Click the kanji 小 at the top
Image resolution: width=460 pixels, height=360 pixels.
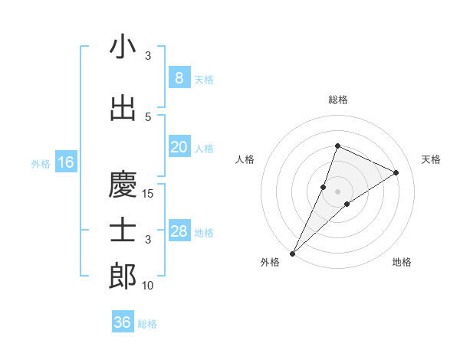pos(123,47)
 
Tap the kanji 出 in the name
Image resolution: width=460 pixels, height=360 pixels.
pos(123,109)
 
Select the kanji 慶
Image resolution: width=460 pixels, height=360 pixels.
pos(123,185)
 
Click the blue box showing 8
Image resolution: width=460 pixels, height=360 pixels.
pos(179,77)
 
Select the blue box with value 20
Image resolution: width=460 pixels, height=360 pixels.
pos(179,147)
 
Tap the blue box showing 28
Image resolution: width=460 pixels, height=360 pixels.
pos(179,231)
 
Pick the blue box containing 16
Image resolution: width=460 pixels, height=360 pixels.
pos(65,162)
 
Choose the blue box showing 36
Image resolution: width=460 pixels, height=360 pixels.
pos(122,322)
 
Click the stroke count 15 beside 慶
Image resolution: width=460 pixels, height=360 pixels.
pos(148,194)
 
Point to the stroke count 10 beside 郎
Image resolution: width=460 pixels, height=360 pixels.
pos(148,286)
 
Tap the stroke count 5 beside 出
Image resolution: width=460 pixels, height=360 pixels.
pos(148,117)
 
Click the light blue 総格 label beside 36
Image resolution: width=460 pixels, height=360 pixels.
pos(147,324)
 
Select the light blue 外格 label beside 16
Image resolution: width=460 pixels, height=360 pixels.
pos(40,163)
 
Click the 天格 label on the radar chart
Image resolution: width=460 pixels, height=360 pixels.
pos(432,159)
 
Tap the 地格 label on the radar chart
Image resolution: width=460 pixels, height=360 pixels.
pos(402,262)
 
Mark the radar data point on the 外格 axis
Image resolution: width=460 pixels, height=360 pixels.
pos(292,253)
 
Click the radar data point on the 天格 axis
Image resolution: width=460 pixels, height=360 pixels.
pos(396,172)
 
